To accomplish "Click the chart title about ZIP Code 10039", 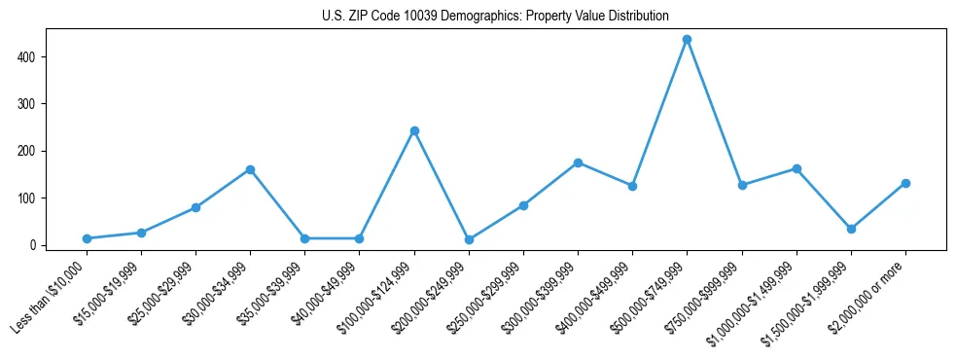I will (x=495, y=17).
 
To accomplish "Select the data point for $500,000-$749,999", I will (x=688, y=40).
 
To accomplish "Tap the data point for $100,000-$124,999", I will (x=414, y=130).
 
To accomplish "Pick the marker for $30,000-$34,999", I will (x=250, y=169).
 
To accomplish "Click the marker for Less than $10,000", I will (x=87, y=238).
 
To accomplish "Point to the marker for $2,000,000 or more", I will (x=905, y=183).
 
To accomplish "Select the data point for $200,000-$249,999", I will (x=469, y=239).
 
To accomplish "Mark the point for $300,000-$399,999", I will (x=578, y=162).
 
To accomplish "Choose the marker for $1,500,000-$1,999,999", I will (x=851, y=229).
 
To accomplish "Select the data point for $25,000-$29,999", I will (x=195, y=207).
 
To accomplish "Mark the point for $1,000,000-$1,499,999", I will (x=797, y=168).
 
